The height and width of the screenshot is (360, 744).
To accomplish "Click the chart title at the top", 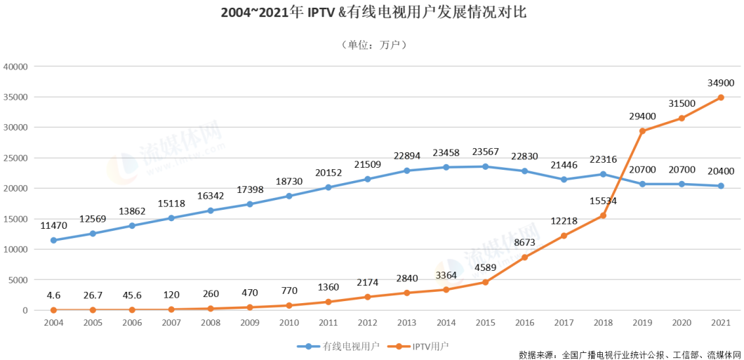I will coord(373,13).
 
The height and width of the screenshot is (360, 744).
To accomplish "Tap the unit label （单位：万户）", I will coord(373,45).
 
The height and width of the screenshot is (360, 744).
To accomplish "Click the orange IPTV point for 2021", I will coord(720,98).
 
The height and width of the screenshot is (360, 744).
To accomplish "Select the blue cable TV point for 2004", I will coord(53,240).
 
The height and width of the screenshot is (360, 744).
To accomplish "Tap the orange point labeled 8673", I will coord(524,258).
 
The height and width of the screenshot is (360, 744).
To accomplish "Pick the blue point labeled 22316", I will coord(602,174).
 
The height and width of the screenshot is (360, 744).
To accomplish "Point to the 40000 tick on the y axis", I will coord(15,67).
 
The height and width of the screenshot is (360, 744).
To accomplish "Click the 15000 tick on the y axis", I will coord(15,219).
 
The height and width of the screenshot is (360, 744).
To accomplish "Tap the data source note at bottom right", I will coord(630,353).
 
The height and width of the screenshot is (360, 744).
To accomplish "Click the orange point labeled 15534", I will coord(602,215).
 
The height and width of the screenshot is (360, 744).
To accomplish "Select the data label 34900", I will coord(720,82).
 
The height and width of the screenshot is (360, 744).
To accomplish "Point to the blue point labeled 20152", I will coord(328,187).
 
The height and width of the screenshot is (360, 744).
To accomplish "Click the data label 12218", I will coord(563,222).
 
